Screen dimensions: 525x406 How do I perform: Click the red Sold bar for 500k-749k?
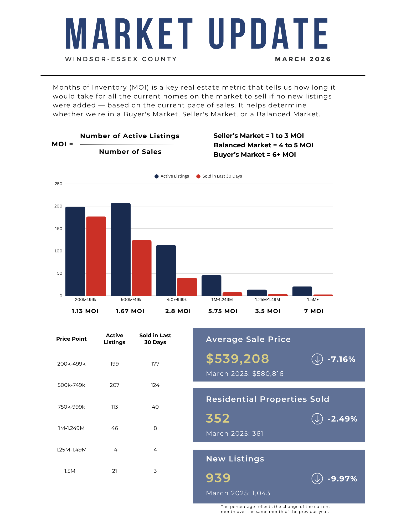coord(141,268)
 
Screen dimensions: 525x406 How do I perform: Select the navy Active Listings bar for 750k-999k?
coord(166,271)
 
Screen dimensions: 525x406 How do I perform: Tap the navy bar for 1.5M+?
coord(302,291)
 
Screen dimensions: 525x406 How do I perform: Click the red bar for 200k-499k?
coord(96,256)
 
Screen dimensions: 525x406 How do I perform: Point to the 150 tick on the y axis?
coord(59,229)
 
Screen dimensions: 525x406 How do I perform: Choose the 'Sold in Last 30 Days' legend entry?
coord(219,176)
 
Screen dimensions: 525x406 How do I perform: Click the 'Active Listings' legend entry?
coord(172,176)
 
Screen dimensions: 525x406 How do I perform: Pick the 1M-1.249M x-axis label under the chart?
coord(222,300)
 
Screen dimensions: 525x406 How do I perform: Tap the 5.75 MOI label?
coord(223,311)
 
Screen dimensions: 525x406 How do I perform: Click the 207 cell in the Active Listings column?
coord(115,385)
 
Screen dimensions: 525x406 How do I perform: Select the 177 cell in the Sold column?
coord(155,364)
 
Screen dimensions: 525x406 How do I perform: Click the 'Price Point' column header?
coord(71,339)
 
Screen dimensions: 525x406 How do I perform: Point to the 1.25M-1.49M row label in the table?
coord(71,450)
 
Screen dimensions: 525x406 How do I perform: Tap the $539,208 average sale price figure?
coord(238,359)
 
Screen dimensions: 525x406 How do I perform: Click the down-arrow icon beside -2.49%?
coord(317,419)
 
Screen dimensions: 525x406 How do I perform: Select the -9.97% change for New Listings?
coord(342,479)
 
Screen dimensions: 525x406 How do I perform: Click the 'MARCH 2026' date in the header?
coord(303,59)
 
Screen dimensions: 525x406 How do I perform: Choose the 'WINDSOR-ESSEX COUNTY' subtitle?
coord(121,59)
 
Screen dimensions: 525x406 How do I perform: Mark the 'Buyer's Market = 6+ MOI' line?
coord(255,155)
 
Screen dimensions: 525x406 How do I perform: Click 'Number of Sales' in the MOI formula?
coord(130,152)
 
